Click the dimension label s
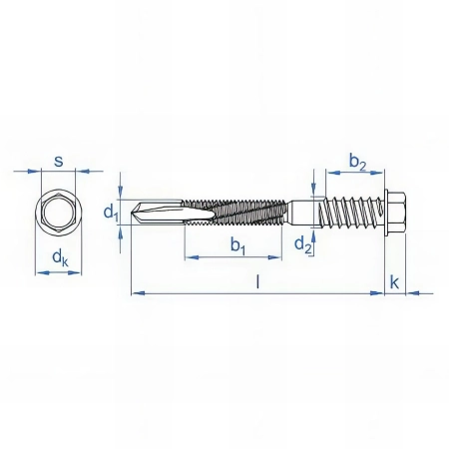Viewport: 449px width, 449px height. coord(59,160)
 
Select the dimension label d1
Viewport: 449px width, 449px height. coord(111,212)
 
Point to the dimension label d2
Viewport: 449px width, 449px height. coord(300,240)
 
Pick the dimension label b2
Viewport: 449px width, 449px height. coord(358,160)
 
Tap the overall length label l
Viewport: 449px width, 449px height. coord(257,282)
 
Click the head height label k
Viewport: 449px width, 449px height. coord(395,282)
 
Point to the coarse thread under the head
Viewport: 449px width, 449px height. coord(349,212)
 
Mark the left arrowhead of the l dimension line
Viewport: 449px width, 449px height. coord(136,292)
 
